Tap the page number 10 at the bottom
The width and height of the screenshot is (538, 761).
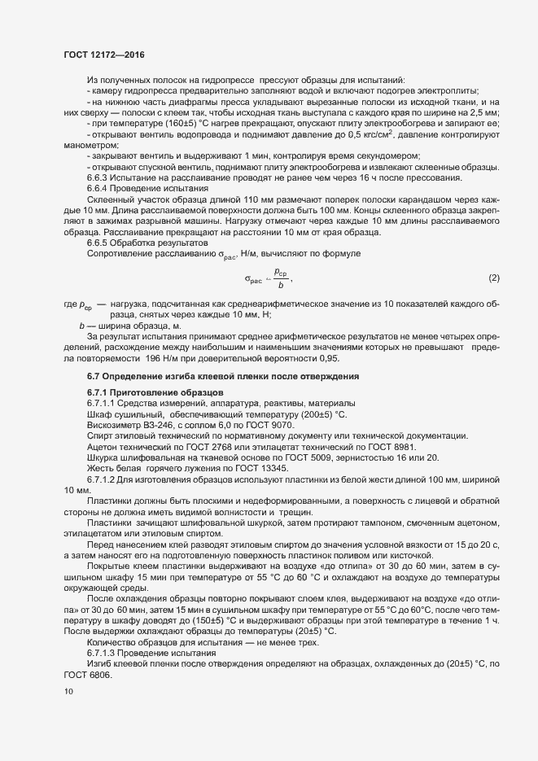68,692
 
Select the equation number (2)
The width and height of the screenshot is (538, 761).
493,278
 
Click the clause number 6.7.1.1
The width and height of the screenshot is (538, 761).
103,403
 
